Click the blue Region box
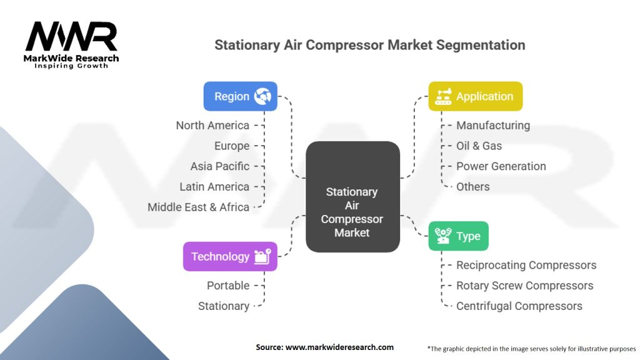click(241, 96)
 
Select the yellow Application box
click(475, 96)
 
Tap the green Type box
click(458, 236)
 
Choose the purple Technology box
click(230, 256)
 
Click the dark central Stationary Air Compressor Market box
click(352, 197)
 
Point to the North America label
click(212, 125)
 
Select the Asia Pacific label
click(219, 166)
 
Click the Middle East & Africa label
click(198, 207)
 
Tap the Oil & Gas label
click(479, 146)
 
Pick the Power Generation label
click(501, 166)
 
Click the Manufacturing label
click(493, 125)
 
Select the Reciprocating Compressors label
click(526, 265)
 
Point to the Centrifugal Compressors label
click(519, 306)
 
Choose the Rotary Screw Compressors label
click(525, 285)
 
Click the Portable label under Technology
click(228, 285)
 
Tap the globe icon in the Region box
click(262, 96)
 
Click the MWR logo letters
click(71, 36)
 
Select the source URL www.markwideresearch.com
click(339, 347)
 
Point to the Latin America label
click(214, 186)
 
